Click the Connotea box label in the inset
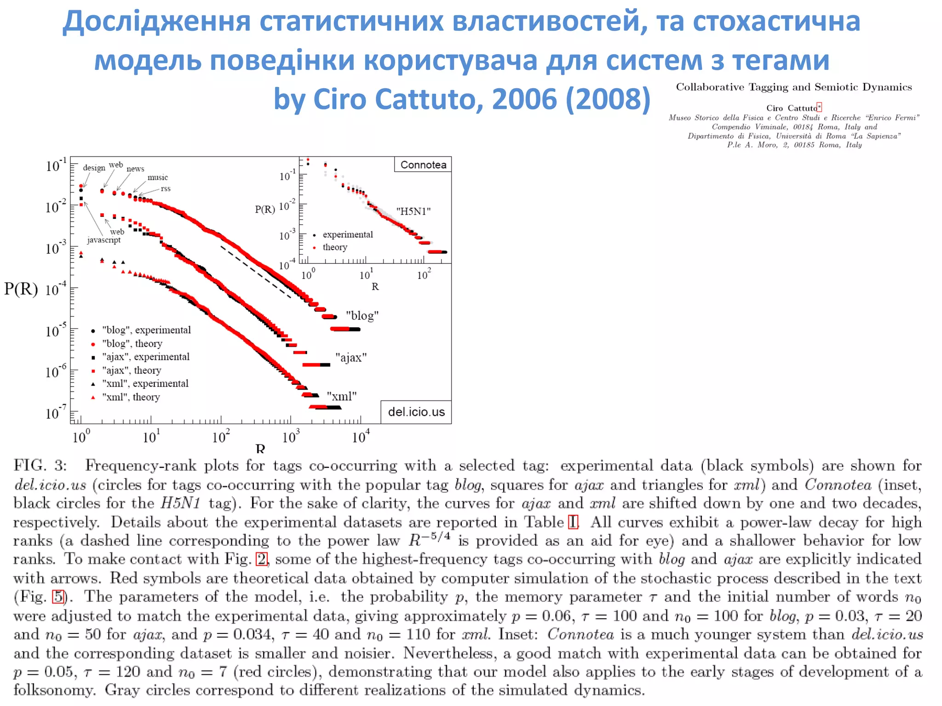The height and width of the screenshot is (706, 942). (x=423, y=165)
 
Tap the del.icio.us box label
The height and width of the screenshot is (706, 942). (x=416, y=412)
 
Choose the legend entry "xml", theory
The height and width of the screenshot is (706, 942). (x=131, y=397)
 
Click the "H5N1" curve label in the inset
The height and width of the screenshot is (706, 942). (x=413, y=211)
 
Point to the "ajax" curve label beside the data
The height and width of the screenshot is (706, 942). (x=351, y=358)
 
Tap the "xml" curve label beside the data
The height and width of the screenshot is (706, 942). (x=341, y=396)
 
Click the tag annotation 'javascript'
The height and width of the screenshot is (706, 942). (x=104, y=240)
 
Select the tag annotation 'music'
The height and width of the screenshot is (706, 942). (x=157, y=177)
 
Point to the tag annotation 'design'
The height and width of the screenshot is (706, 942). (x=94, y=168)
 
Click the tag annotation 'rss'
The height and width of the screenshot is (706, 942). (x=166, y=188)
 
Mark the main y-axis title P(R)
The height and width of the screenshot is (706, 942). (x=21, y=289)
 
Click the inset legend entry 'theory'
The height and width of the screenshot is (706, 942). (x=335, y=247)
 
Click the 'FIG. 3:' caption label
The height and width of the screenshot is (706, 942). (x=40, y=466)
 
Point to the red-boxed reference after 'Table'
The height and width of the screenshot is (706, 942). (x=573, y=522)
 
